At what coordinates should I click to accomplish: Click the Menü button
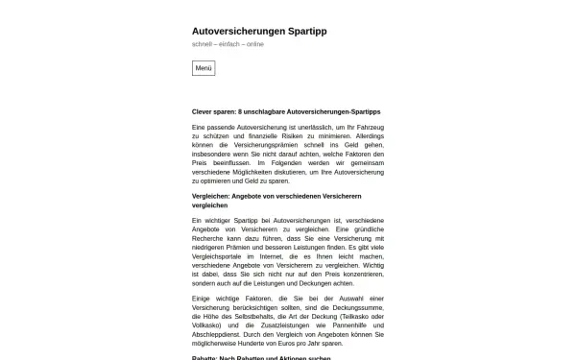[204, 68]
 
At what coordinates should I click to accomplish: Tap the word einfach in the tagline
[231, 44]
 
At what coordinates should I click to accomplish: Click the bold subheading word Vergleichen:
[213, 196]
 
